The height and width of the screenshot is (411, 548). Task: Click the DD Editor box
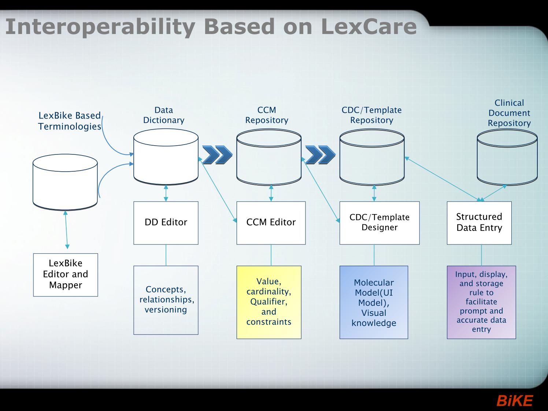[166, 223]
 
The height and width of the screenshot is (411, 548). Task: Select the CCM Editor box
[271, 223]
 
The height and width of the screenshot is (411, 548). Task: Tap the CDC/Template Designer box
[379, 223]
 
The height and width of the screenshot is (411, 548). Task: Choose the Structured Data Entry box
[479, 223]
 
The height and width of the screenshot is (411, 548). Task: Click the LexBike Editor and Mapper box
[66, 275]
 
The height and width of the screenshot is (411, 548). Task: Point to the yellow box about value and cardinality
[269, 302]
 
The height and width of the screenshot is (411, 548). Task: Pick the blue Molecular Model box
[374, 302]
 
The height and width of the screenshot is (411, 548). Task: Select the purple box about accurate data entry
[481, 302]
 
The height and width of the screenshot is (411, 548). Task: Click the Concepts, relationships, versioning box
[166, 300]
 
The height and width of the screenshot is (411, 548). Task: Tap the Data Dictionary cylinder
[166, 157]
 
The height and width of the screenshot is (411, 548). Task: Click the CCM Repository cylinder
[269, 157]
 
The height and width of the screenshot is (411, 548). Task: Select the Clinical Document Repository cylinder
[507, 157]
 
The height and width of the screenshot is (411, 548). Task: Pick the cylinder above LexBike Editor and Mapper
[65, 182]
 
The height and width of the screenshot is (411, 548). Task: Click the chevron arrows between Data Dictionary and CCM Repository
[217, 155]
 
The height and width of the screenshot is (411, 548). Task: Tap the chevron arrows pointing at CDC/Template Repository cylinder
[320, 155]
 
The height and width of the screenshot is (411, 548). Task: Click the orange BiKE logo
[515, 401]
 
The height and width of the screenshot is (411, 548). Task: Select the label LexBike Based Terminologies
[70, 121]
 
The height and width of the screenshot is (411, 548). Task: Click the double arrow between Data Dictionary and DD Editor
[166, 193]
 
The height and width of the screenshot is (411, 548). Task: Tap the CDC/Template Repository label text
[371, 115]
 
